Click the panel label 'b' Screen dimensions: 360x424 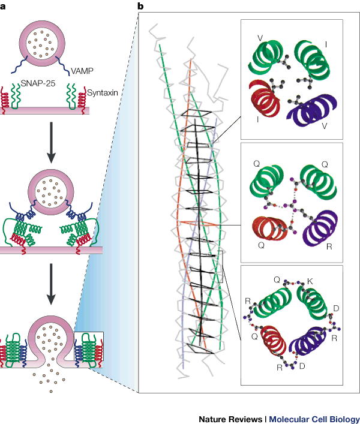(140, 7)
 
